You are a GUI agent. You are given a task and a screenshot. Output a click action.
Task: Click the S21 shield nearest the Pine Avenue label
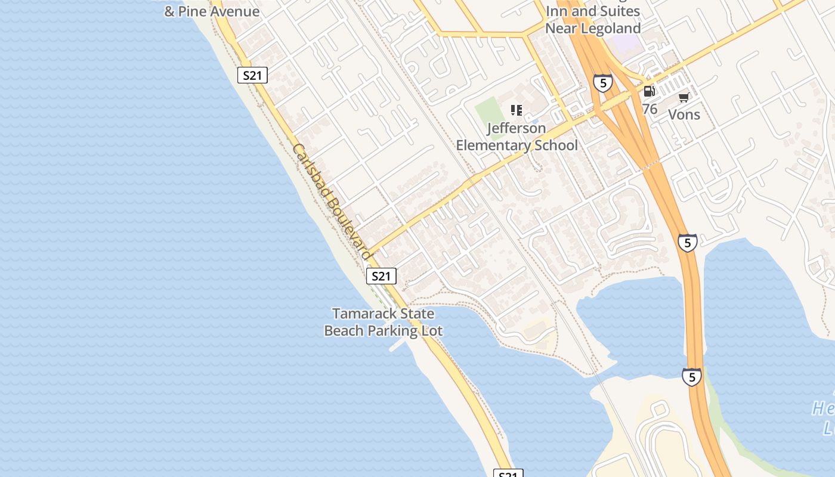252,75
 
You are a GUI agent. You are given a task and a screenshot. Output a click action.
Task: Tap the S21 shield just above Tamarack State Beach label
381,276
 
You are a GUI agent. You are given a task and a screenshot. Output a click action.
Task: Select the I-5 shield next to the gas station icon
603,83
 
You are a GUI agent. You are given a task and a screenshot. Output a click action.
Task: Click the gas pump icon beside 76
649,91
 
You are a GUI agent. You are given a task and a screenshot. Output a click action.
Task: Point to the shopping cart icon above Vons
684,97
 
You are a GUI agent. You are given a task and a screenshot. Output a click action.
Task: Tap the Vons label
684,114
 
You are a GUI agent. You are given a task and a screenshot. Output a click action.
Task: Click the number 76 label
650,109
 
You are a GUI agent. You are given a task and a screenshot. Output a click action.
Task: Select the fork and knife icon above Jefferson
517,110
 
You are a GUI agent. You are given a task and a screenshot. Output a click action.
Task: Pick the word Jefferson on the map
516,128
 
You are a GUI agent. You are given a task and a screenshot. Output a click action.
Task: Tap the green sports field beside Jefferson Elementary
488,111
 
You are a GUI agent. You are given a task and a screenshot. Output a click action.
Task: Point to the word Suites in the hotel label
619,11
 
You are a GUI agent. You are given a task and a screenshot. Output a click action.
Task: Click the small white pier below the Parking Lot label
398,345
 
